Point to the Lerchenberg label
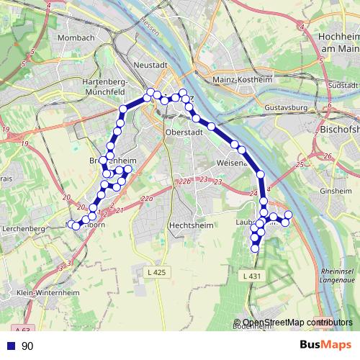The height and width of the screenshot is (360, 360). pyautogui.click(x=24, y=228)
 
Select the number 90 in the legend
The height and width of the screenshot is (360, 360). pyautogui.click(x=27, y=346)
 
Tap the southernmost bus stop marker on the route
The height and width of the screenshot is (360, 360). pyautogui.click(x=255, y=248)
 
